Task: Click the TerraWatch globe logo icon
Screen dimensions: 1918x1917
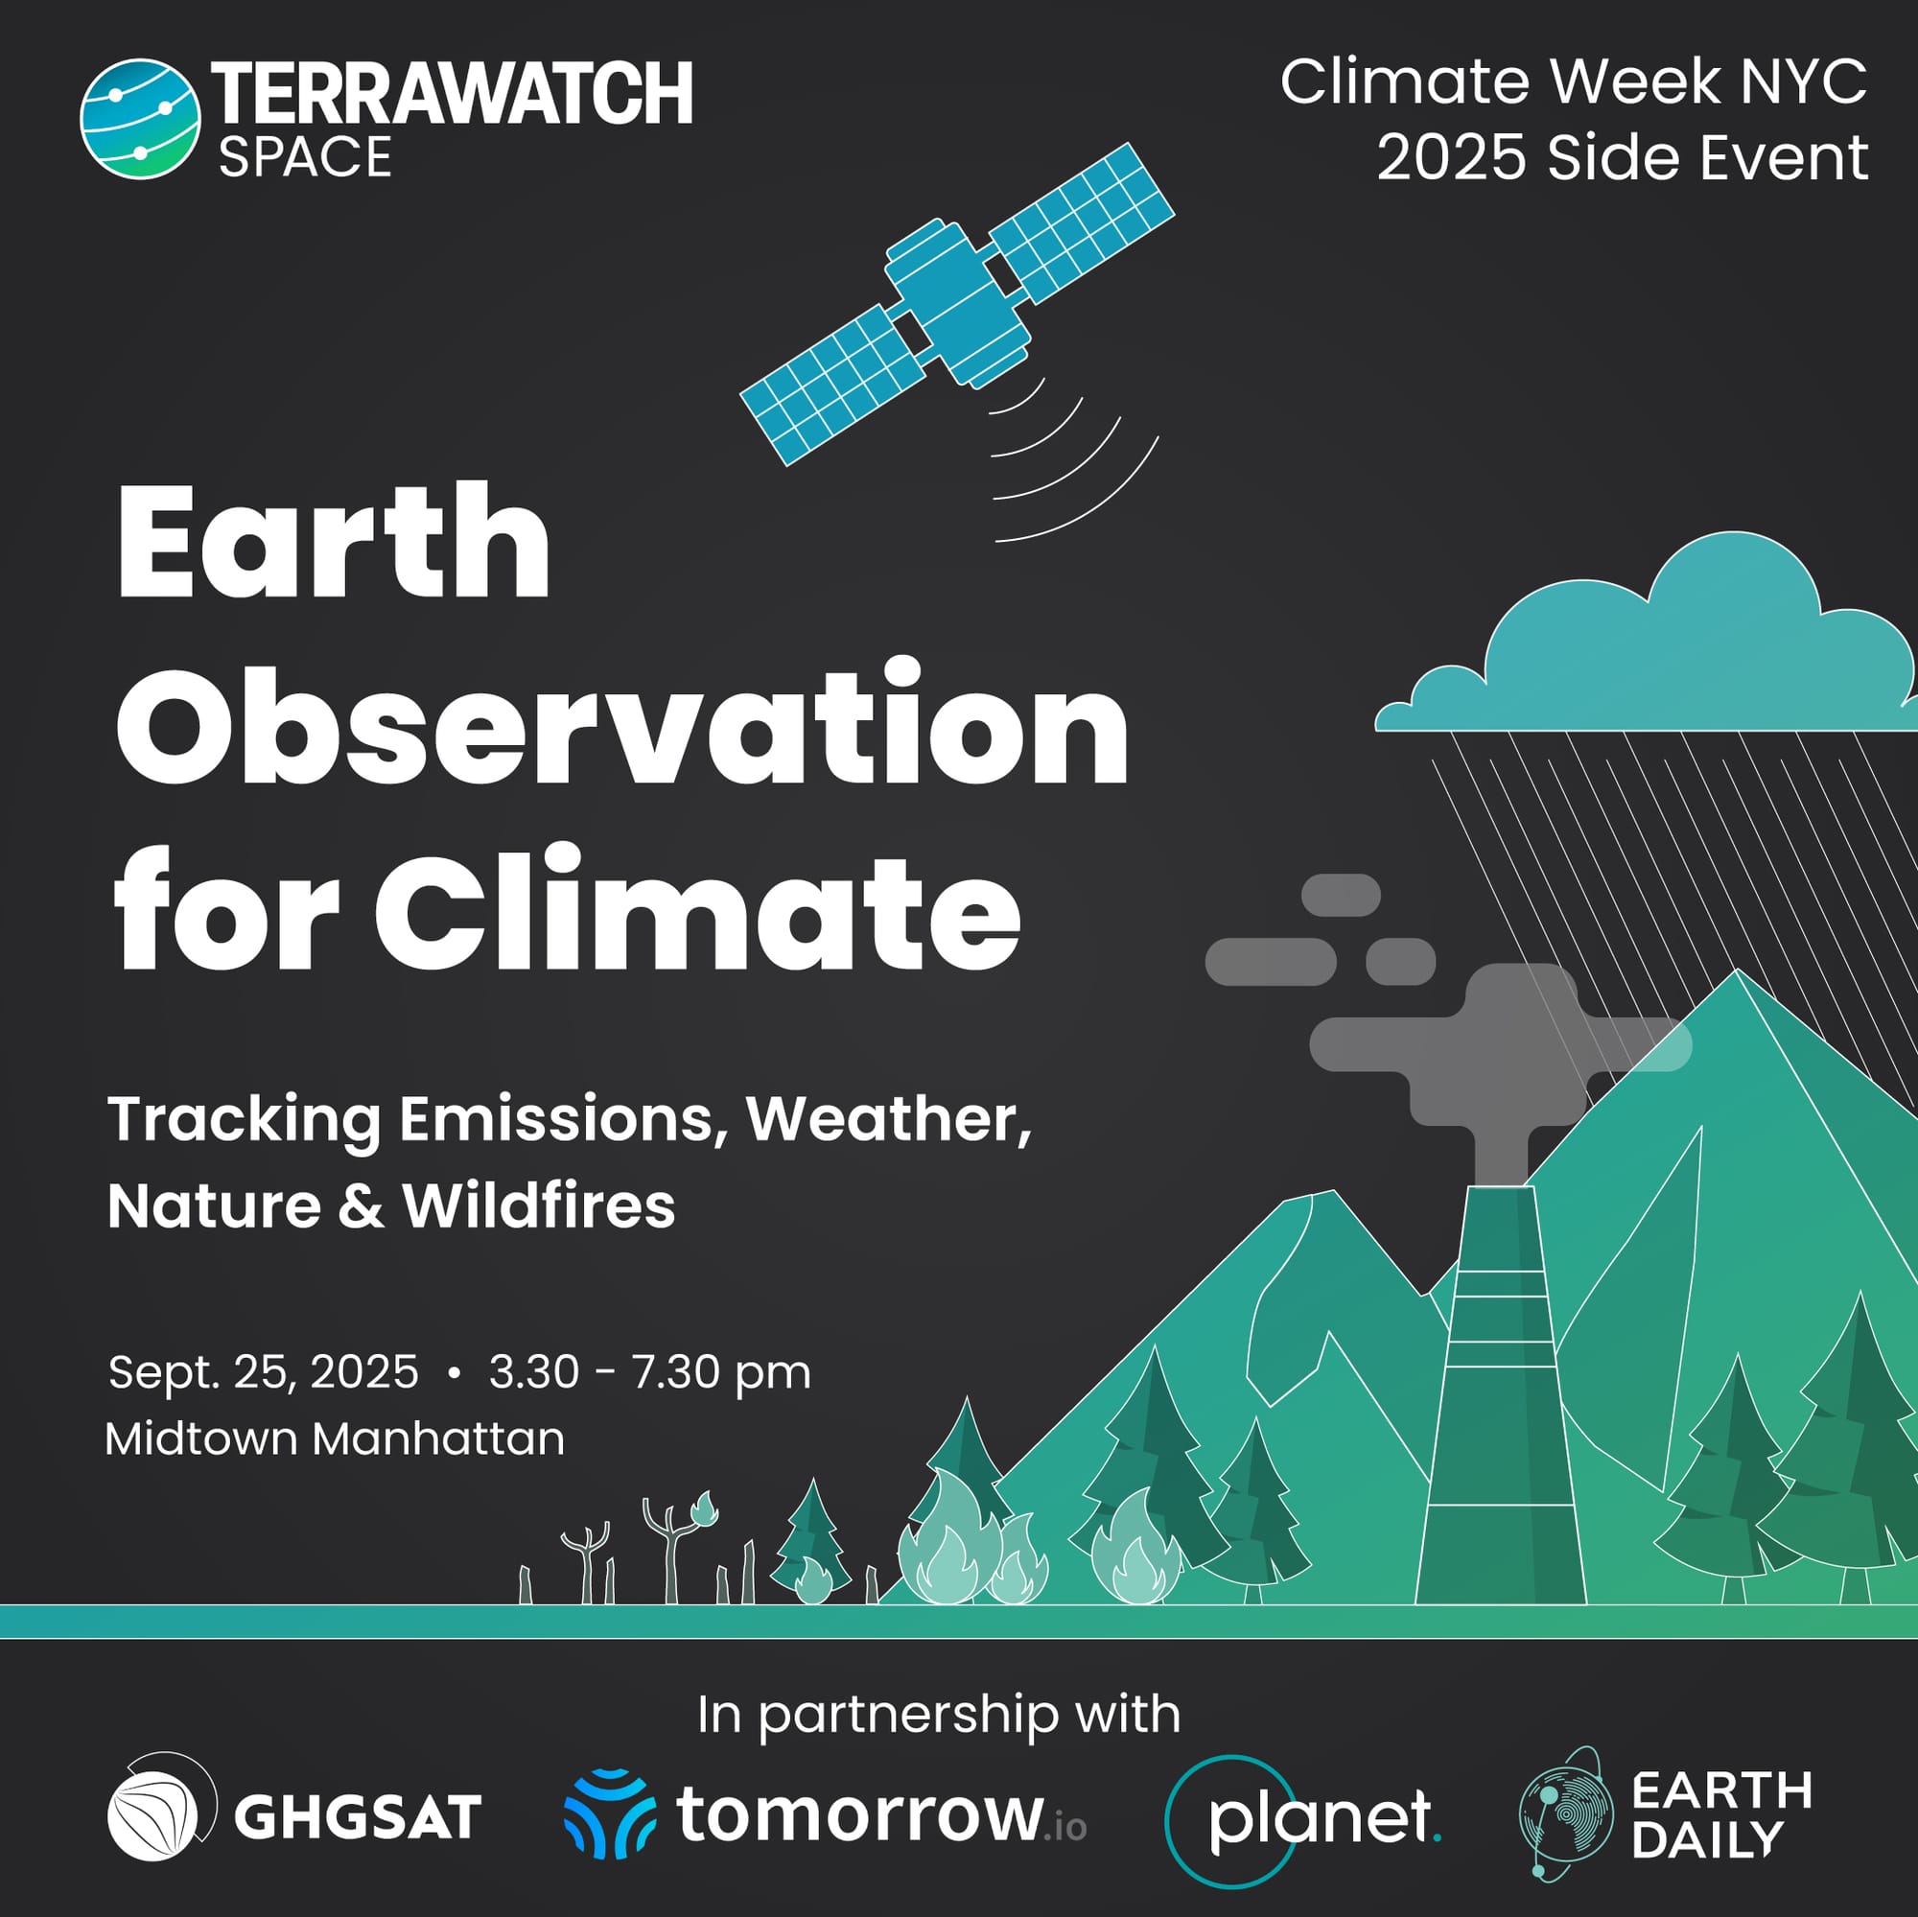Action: point(140,118)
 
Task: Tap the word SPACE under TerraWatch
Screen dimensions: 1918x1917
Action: point(306,158)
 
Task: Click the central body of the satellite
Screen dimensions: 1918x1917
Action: point(958,302)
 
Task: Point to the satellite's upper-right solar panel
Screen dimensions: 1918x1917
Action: point(1082,222)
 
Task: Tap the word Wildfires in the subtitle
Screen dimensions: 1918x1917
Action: point(539,1206)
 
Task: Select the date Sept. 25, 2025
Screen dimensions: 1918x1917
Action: point(263,1373)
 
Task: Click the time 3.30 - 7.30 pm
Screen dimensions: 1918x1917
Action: point(650,1373)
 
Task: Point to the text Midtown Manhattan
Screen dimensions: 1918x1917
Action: point(335,1438)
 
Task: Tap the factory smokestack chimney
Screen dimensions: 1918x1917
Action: point(1501,1394)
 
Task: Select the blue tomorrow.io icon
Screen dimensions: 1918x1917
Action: point(610,1813)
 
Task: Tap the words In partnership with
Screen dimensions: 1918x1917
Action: point(939,1715)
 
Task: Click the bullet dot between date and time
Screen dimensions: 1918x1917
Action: point(455,1373)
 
